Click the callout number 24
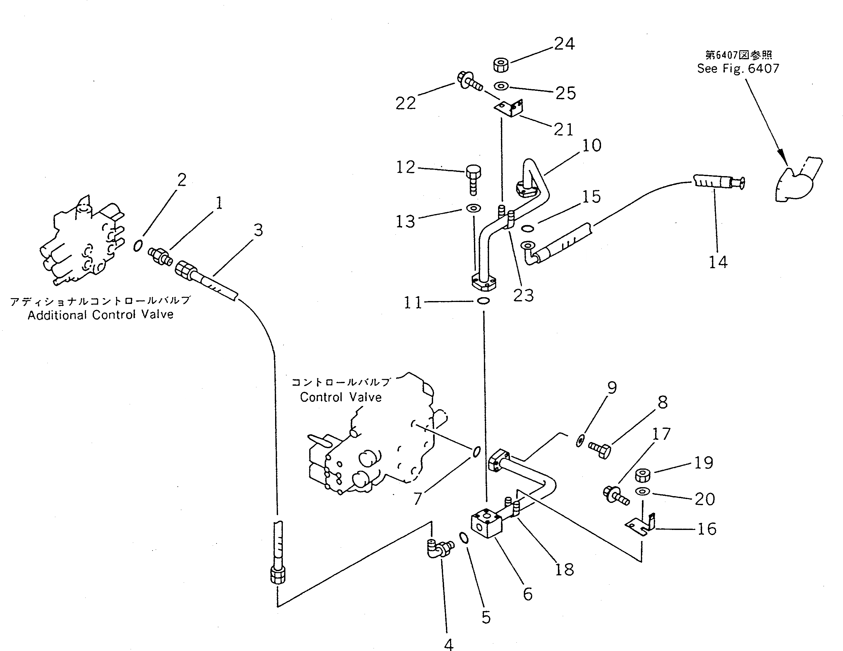tap(564, 44)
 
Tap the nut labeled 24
tap(501, 64)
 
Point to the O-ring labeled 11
tap(483, 301)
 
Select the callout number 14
tap(718, 262)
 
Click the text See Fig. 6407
tap(738, 69)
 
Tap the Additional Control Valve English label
tap(100, 315)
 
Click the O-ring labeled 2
tap(138, 246)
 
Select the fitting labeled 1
tap(160, 256)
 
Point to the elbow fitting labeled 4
tap(439, 548)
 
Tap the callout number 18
tap(564, 569)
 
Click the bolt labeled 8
tap(599, 449)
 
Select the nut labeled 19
tap(642, 475)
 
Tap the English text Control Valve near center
tap(341, 397)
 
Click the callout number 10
tap(591, 146)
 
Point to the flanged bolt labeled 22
tap(469, 81)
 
